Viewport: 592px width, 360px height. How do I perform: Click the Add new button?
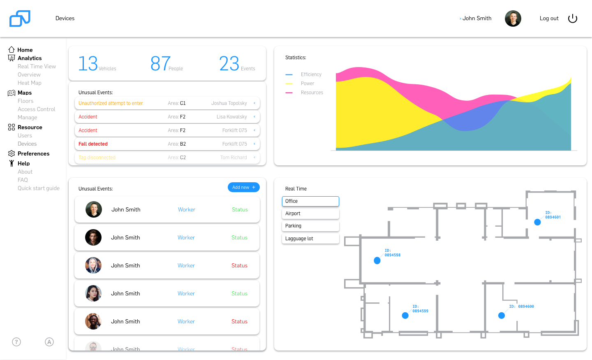[x=243, y=187]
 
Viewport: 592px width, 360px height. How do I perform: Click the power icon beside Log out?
[x=573, y=19]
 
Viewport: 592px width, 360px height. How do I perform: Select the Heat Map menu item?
[x=30, y=83]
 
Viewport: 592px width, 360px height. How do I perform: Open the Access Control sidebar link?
[x=37, y=109]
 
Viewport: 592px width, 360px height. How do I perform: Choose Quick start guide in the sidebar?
[x=39, y=188]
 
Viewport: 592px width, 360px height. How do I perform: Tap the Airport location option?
[x=310, y=214]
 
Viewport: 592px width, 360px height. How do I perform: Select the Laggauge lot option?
[x=310, y=239]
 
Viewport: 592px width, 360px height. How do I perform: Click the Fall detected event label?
[x=93, y=144]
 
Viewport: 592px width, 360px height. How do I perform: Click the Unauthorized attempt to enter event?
[x=111, y=103]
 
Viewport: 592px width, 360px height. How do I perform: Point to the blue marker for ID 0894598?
[x=377, y=260]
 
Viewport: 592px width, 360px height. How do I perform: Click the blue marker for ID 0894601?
[x=537, y=222]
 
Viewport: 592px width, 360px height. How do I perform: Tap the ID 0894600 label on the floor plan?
[x=521, y=307]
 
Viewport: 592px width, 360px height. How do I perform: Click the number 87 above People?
[x=160, y=63]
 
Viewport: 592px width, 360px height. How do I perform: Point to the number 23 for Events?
[x=229, y=63]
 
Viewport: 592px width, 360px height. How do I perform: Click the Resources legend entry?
[x=312, y=93]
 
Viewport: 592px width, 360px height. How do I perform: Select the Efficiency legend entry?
[x=311, y=74]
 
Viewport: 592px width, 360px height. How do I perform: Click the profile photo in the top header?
[x=513, y=19]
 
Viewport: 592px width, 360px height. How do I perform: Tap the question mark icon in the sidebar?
[x=16, y=342]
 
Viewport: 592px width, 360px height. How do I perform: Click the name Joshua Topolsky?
[x=229, y=103]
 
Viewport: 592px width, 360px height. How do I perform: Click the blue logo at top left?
[x=20, y=19]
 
